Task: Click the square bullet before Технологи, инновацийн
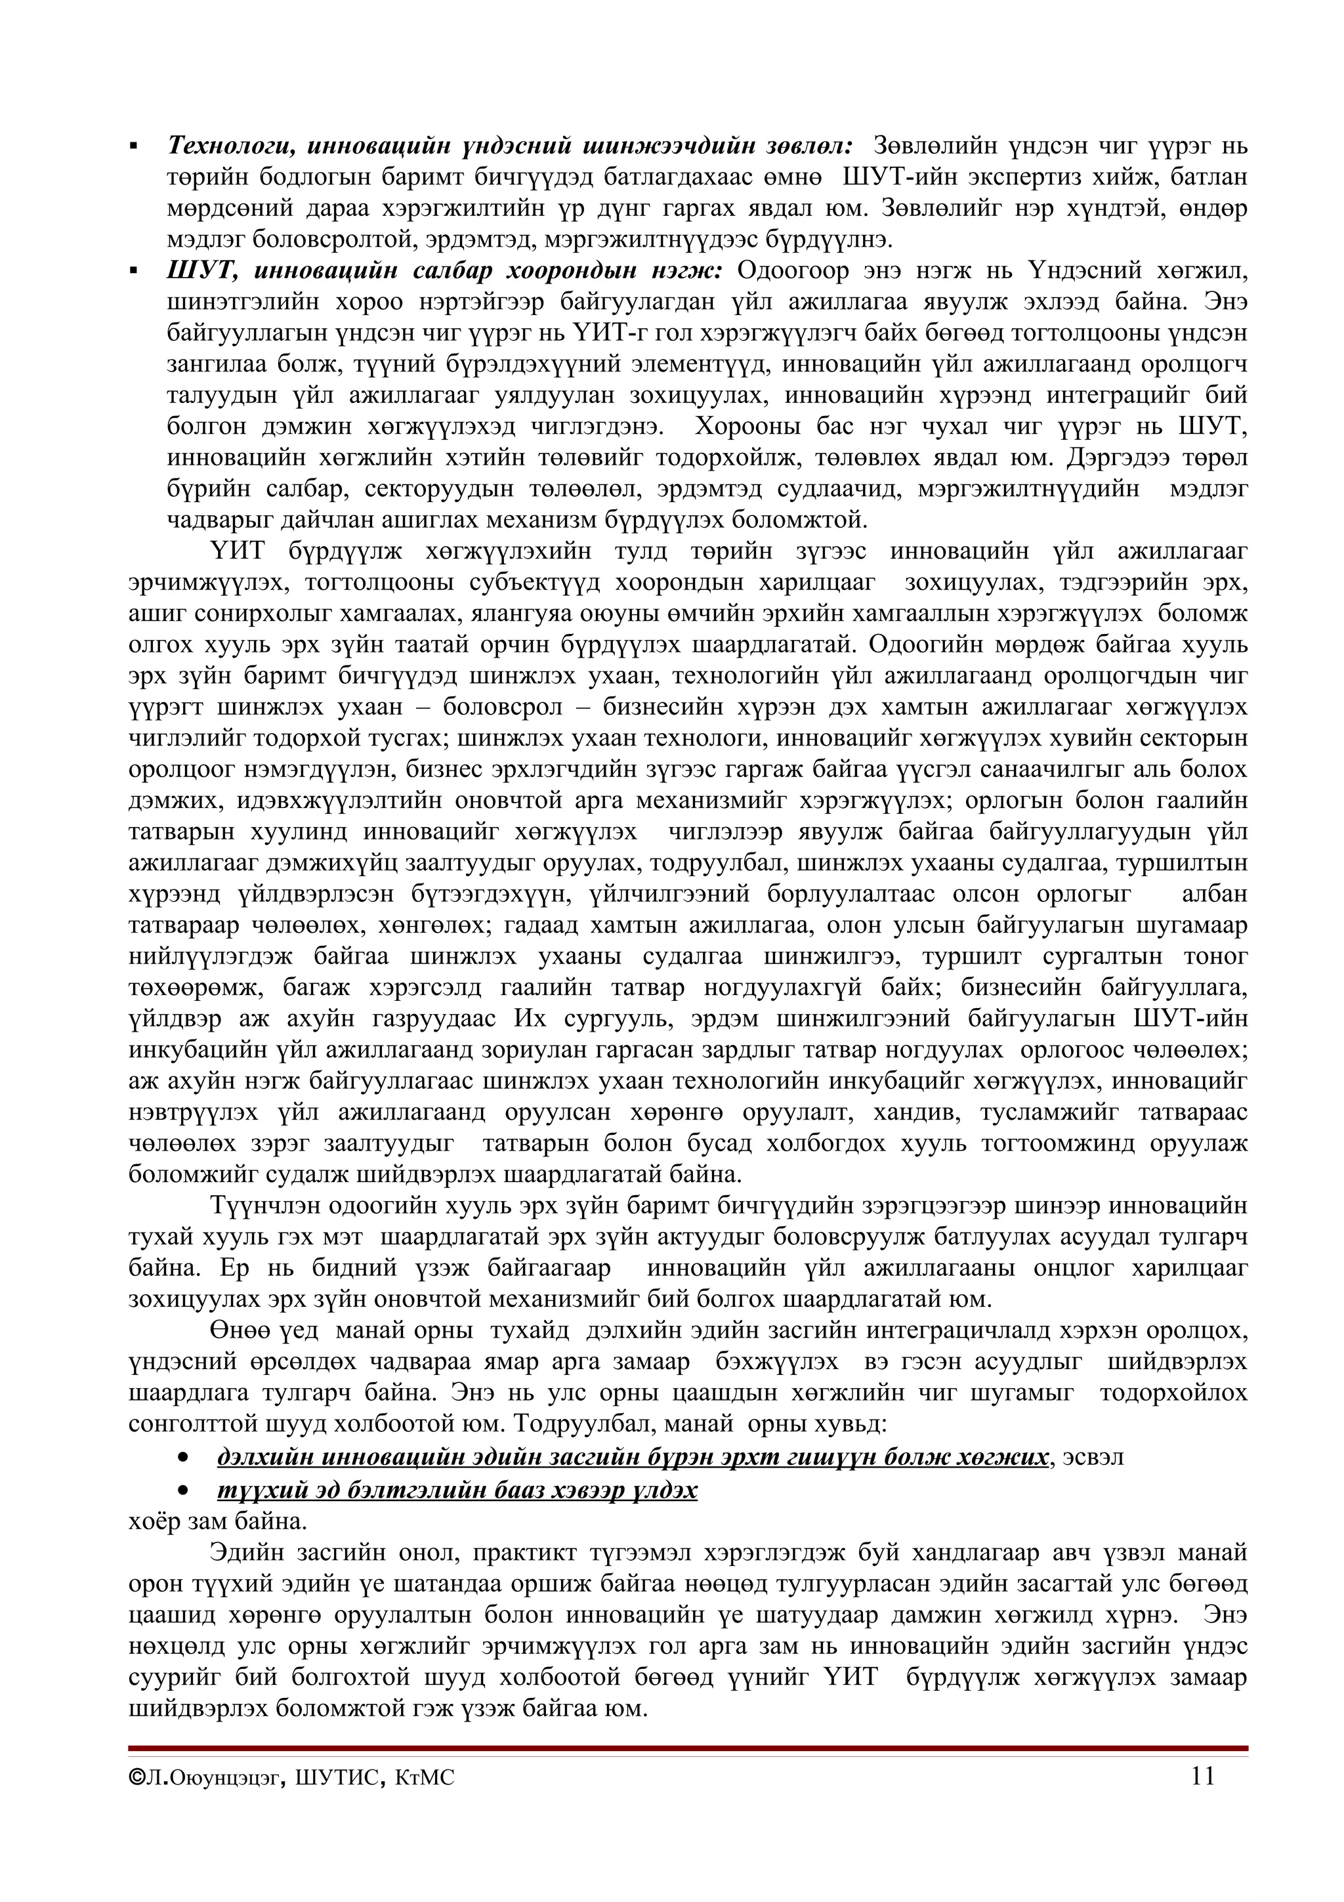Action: click(x=133, y=148)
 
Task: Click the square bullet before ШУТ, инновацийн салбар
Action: click(x=133, y=272)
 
